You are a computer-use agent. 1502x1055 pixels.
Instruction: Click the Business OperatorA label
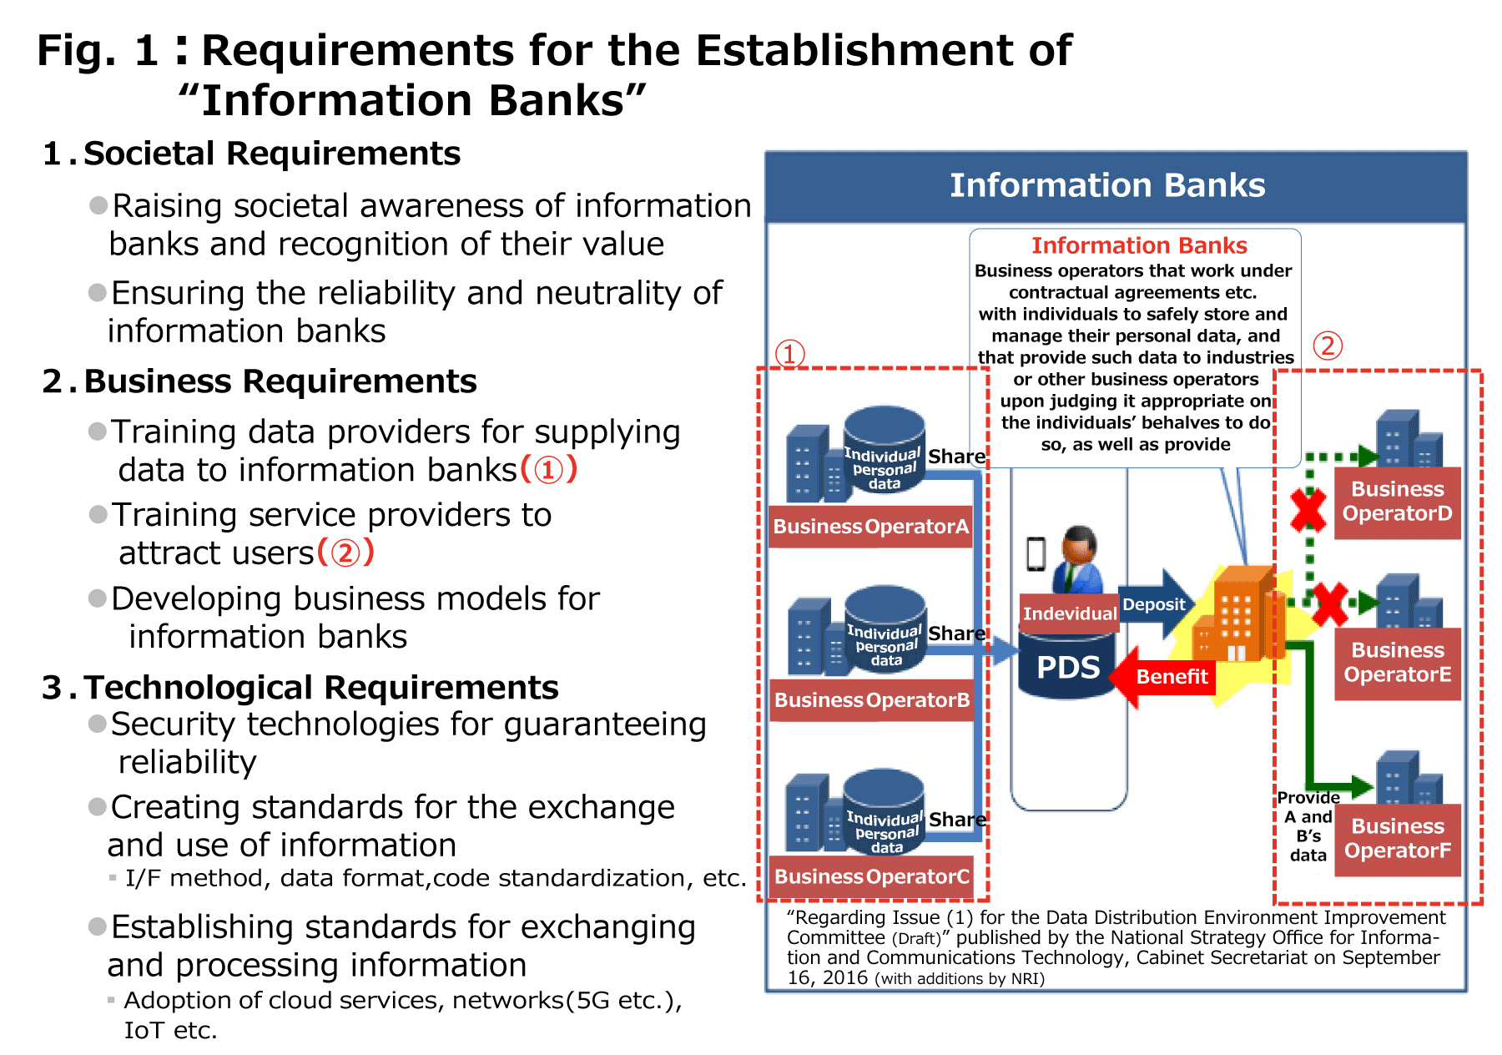click(870, 527)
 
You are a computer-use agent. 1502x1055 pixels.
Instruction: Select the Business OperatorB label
click(872, 700)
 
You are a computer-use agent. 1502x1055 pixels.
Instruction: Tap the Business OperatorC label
click(872, 876)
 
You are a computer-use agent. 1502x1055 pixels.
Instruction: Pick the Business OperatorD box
click(1397, 502)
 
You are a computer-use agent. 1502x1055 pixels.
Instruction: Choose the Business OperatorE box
click(1397, 663)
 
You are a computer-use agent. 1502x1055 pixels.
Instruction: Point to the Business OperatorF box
click(1397, 839)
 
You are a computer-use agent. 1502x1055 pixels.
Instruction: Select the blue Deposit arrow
click(1156, 604)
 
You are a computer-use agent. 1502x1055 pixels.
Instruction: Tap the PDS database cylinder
click(1067, 664)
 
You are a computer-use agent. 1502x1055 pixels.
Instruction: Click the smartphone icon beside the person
click(1036, 553)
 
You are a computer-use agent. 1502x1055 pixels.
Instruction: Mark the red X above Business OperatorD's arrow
click(1308, 509)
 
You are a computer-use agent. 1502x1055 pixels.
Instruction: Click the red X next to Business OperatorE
click(1329, 603)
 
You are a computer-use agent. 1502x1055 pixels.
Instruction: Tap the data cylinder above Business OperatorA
click(884, 451)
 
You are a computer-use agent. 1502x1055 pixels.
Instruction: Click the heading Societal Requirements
click(271, 154)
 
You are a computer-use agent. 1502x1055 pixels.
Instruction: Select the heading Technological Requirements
click(320, 688)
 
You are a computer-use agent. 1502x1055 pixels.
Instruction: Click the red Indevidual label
click(1069, 613)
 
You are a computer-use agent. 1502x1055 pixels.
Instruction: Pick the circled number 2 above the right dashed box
click(1328, 345)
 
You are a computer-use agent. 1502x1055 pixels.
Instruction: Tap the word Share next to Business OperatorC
click(957, 820)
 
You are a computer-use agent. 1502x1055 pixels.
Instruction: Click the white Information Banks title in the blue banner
click(1107, 185)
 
